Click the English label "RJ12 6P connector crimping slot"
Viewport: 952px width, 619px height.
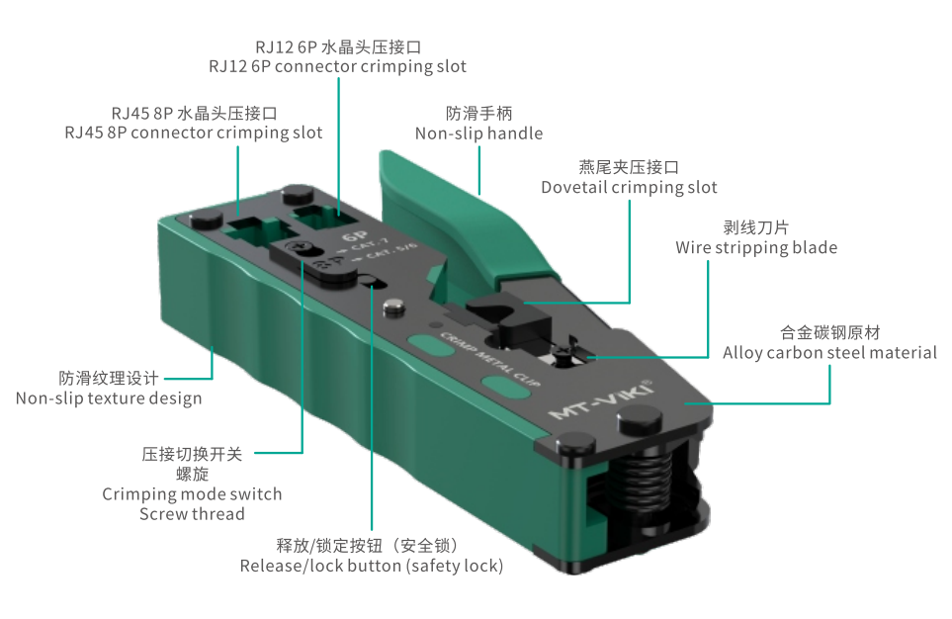pos(337,66)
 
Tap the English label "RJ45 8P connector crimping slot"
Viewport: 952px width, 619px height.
pos(194,133)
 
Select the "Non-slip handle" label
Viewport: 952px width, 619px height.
pos(479,133)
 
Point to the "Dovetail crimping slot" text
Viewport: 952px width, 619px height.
pos(629,187)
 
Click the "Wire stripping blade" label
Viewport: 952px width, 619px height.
pos(756,248)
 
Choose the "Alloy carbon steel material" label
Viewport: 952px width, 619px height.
pos(830,353)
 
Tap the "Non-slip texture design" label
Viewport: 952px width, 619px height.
pos(109,398)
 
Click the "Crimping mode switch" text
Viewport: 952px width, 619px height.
pos(192,494)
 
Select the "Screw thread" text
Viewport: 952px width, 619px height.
pos(192,514)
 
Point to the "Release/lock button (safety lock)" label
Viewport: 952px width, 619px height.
pos(372,567)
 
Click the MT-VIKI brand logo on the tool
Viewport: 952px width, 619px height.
pos(601,399)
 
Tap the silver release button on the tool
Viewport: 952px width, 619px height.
pos(394,308)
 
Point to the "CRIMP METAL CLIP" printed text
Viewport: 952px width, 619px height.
pos(489,360)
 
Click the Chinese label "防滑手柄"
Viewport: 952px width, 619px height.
pos(479,114)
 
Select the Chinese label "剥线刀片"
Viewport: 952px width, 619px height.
pos(756,227)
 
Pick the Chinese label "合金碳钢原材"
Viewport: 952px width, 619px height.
pos(830,333)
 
